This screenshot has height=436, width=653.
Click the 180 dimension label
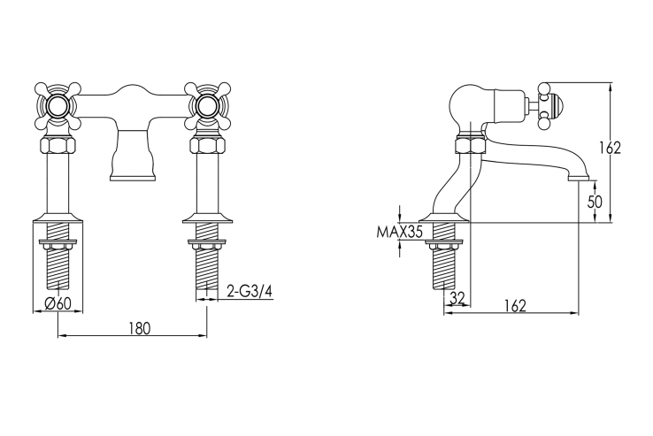point(139,328)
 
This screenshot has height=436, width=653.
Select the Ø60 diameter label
point(58,303)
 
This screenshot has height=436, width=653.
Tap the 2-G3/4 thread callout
point(250,291)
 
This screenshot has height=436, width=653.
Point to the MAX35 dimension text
point(399,232)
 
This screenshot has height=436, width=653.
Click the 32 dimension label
point(457,298)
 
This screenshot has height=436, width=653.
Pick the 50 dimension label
point(595,202)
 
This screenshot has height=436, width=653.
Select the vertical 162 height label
point(611,148)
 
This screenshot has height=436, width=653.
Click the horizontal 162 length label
point(515,306)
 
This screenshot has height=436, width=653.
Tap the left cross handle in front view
point(58,106)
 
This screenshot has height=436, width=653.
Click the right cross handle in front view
point(207,106)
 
